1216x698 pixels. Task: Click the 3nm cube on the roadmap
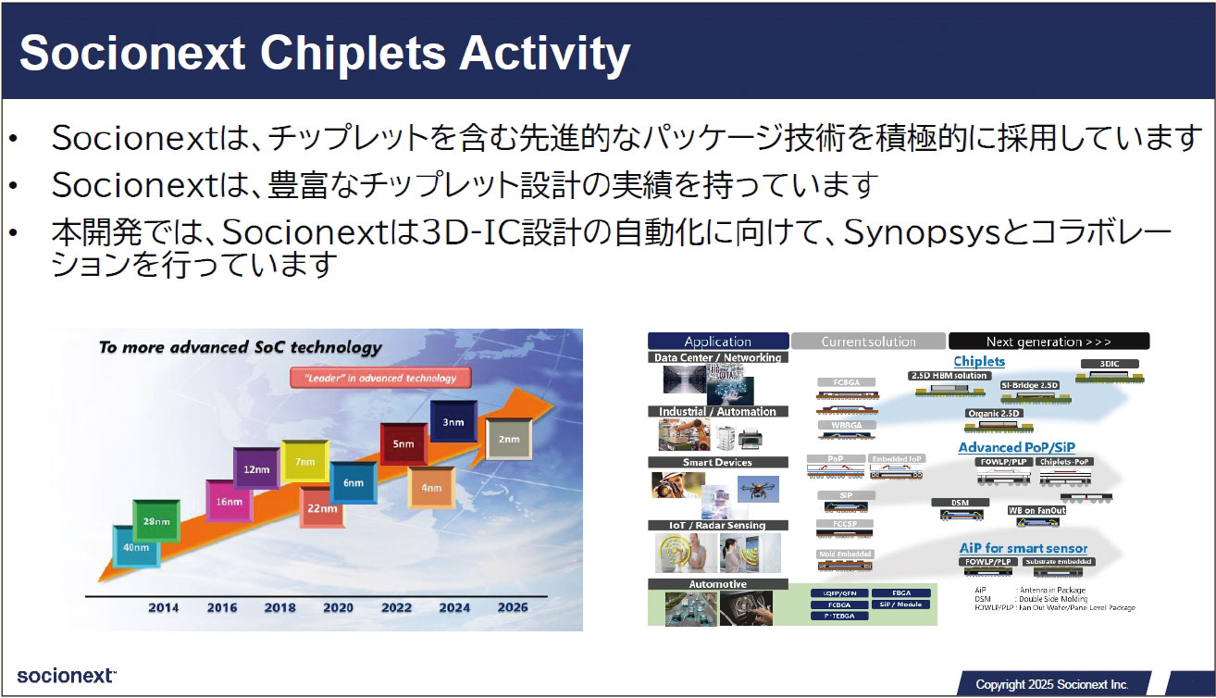[452, 423]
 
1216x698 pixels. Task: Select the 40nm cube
[135, 546]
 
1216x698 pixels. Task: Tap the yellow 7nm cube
[305, 461]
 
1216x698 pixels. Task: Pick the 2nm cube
[508, 439]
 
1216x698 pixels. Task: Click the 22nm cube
[321, 508]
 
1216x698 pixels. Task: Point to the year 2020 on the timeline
[338, 607]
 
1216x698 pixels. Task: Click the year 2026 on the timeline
[512, 607]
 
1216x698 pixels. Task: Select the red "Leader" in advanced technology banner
[379, 378]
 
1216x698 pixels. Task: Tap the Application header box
[718, 342]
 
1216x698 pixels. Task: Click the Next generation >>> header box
[1048, 342]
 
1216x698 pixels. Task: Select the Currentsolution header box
[868, 342]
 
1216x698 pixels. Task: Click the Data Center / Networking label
[718, 357]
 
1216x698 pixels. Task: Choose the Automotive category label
[718, 585]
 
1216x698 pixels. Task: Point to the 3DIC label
[1110, 364]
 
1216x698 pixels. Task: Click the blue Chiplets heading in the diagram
[979, 361]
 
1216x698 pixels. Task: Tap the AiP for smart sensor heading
[1023, 548]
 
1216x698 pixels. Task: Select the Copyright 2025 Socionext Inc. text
[1052, 684]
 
